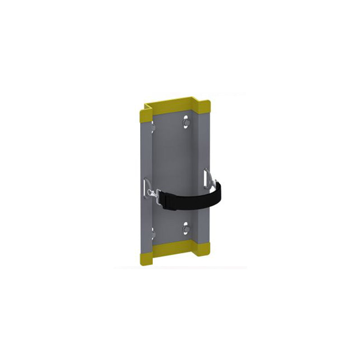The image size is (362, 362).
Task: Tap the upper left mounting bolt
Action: pyautogui.click(x=153, y=128)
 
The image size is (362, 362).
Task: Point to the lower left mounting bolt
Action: pyautogui.click(x=153, y=234)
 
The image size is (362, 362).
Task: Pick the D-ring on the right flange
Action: pyautogui.click(x=207, y=177)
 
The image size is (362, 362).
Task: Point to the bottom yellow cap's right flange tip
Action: pyautogui.click(x=203, y=249)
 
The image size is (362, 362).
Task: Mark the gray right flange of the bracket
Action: pyautogui.click(x=202, y=145)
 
